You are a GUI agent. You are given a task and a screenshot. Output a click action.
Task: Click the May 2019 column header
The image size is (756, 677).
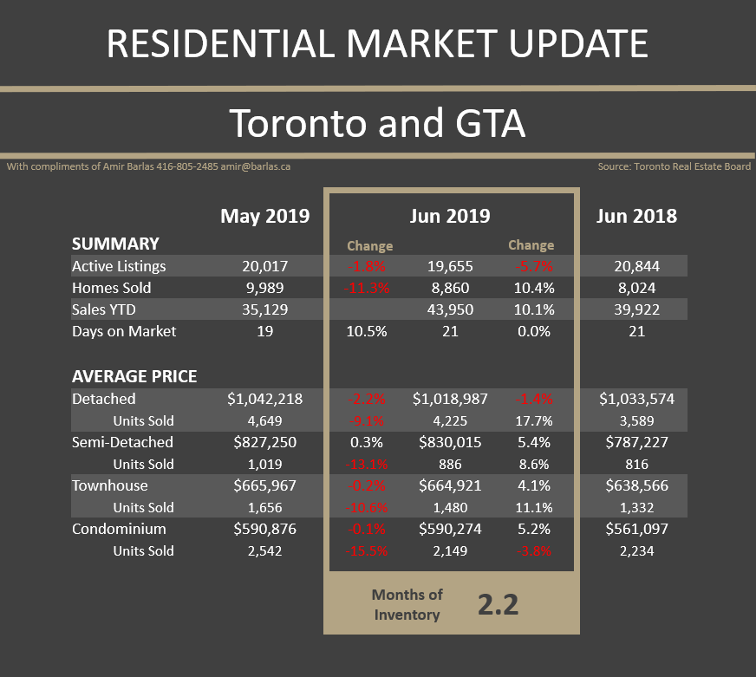(264, 216)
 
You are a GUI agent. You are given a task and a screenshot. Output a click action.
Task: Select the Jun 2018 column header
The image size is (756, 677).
(636, 216)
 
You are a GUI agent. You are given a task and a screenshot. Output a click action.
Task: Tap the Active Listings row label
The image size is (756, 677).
(119, 266)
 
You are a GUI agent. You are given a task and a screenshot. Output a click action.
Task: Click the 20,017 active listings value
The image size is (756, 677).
(265, 266)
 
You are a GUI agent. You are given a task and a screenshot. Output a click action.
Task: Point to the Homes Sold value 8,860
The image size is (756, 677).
(449, 288)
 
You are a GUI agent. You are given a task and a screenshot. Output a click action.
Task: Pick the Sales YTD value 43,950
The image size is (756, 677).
(449, 309)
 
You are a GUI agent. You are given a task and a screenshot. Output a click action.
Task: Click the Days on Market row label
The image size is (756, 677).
(124, 331)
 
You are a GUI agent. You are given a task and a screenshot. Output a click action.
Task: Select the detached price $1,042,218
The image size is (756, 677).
(265, 399)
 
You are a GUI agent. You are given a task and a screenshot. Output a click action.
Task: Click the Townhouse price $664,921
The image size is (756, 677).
(449, 485)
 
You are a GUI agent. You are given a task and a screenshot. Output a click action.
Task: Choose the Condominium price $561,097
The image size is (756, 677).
(636, 529)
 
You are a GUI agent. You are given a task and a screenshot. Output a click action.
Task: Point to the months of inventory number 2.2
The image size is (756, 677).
(498, 604)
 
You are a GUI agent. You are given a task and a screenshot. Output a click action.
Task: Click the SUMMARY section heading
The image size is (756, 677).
(115, 244)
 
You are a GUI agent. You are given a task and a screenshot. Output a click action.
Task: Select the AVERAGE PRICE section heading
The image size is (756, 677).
(134, 376)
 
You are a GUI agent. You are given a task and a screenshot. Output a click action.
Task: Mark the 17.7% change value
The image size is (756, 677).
(531, 420)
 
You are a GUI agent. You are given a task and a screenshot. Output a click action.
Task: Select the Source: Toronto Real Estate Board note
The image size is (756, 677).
(674, 166)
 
